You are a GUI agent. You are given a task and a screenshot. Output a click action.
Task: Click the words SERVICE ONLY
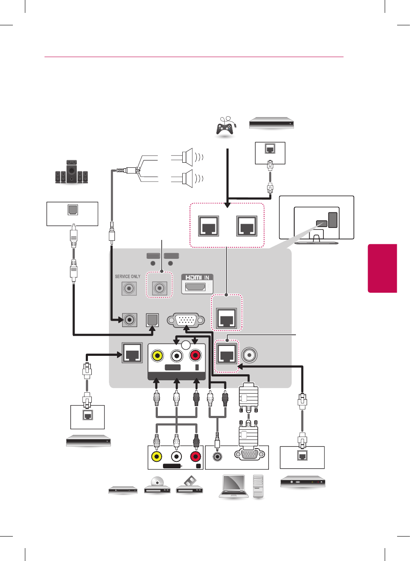127,276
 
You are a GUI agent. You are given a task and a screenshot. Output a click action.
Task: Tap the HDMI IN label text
197,277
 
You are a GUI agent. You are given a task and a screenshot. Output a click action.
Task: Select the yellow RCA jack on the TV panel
157,355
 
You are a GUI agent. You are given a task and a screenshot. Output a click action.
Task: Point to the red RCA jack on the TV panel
195,355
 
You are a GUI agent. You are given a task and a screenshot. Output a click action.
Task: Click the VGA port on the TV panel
186,320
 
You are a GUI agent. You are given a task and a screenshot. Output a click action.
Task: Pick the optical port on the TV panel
152,320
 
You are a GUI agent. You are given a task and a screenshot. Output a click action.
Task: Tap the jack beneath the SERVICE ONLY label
129,288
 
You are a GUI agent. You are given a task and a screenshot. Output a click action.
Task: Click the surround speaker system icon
72,173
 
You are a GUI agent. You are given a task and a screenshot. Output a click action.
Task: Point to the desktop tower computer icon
258,486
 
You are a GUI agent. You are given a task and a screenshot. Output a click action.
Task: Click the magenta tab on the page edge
382,268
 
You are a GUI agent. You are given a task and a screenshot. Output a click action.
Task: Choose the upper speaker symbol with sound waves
187,157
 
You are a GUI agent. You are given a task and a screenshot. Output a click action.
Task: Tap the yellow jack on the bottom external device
157,456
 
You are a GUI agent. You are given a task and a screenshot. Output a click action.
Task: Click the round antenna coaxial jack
249,355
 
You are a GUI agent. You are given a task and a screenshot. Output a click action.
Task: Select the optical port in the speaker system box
73,210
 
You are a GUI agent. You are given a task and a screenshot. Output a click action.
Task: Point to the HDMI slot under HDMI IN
195,287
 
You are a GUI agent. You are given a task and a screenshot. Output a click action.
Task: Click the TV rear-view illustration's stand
317,238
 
